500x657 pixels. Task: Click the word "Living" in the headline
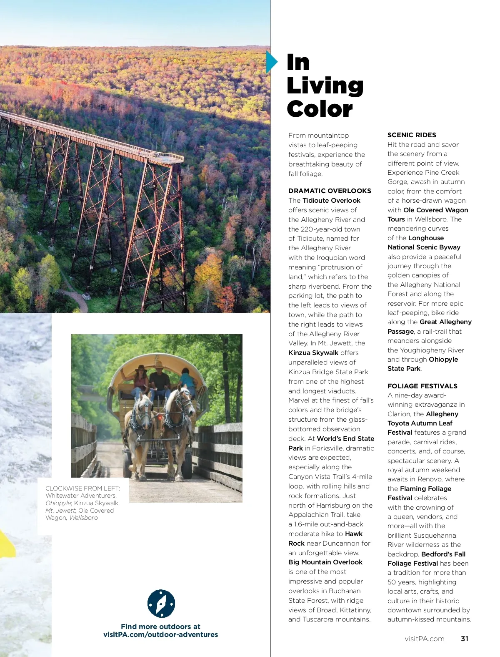point(325,86)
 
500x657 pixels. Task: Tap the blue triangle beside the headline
point(271,62)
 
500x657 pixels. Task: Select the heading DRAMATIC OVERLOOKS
point(330,191)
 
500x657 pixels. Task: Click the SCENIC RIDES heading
point(412,135)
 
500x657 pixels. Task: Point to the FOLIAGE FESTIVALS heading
point(422,386)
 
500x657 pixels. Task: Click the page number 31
point(465,639)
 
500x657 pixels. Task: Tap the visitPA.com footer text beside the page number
point(424,639)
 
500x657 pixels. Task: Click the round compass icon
point(161,603)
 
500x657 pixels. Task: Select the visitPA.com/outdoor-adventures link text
point(160,634)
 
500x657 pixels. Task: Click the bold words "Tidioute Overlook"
point(331,200)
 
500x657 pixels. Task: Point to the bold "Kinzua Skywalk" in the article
point(313,352)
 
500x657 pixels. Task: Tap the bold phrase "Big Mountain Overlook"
point(325,562)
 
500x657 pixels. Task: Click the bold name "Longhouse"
point(426,238)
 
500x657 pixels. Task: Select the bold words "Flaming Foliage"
point(425,488)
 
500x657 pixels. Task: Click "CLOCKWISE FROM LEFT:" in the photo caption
point(82,488)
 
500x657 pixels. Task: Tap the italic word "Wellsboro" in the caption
point(83,518)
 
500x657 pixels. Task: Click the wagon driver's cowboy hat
point(158,365)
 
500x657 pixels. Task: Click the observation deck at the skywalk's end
point(171,158)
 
